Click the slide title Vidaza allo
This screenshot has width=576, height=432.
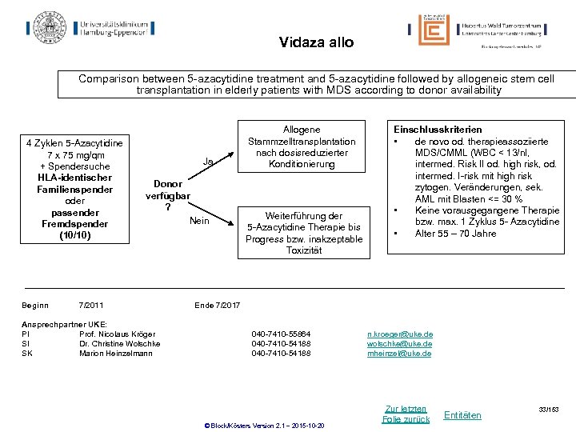[x=316, y=42]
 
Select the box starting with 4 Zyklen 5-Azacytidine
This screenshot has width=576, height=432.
[x=74, y=189]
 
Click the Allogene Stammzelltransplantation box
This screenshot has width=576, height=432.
[x=302, y=147]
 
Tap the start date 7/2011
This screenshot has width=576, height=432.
[x=90, y=305]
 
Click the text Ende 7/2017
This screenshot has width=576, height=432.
[x=217, y=305]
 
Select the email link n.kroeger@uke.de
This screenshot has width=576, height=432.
[x=400, y=334]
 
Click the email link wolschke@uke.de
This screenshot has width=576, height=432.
[x=400, y=343]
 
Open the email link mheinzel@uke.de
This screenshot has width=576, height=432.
[x=399, y=353]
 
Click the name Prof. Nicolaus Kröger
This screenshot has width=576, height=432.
[x=119, y=334]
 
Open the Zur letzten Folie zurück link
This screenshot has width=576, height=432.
[x=406, y=414]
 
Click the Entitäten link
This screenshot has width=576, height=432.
[x=462, y=414]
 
